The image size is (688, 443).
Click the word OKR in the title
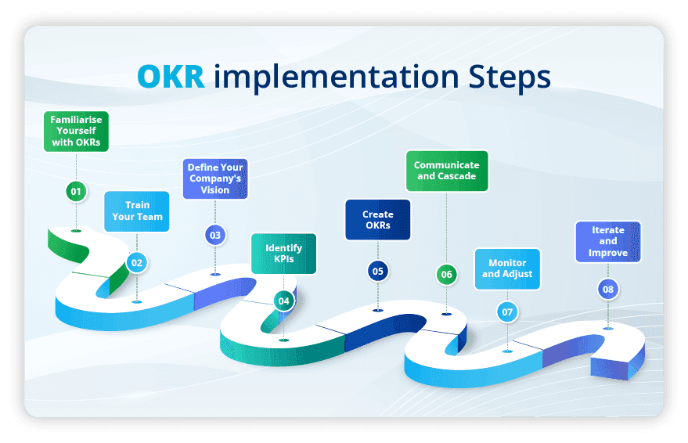171,77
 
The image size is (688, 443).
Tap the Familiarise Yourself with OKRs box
76,131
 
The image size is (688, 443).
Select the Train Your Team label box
137,211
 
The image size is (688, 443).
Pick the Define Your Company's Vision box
215,178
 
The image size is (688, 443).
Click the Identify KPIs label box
283,254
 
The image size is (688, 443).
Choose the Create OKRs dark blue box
378,220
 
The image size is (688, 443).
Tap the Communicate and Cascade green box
446,171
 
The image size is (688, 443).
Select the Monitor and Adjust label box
507,268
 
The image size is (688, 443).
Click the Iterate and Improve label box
608,242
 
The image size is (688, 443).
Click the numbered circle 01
76,191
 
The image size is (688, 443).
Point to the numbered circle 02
137,263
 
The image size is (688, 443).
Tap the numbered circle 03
215,234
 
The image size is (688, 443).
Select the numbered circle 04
283,301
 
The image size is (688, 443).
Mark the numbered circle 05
378,271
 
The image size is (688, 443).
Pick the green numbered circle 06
446,274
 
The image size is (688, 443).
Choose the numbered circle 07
507,312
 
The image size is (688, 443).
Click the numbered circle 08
608,290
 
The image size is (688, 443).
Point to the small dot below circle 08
608,328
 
